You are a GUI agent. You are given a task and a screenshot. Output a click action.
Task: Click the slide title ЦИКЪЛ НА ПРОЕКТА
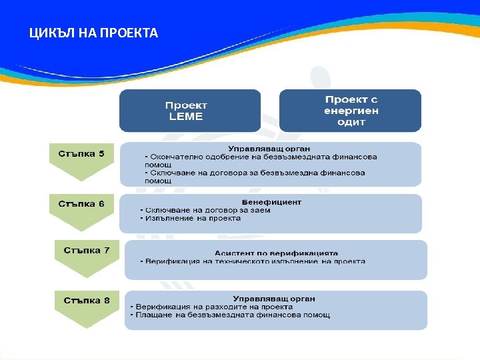93,33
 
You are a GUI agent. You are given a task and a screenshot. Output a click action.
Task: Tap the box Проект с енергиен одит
350,111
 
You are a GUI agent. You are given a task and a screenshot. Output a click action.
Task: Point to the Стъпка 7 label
87,251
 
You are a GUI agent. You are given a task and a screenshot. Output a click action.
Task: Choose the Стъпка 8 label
87,300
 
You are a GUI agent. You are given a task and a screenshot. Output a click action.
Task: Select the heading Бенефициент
271,201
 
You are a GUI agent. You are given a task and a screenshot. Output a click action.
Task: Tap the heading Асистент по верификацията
276,253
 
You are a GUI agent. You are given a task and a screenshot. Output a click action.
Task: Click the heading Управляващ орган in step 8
274,299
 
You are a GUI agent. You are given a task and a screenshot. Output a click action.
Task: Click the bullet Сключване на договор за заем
205,210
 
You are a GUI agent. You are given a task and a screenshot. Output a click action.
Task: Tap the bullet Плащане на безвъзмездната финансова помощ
230,315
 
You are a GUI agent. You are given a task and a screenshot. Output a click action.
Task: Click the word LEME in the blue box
186,117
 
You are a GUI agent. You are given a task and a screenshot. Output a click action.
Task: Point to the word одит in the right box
350,122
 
